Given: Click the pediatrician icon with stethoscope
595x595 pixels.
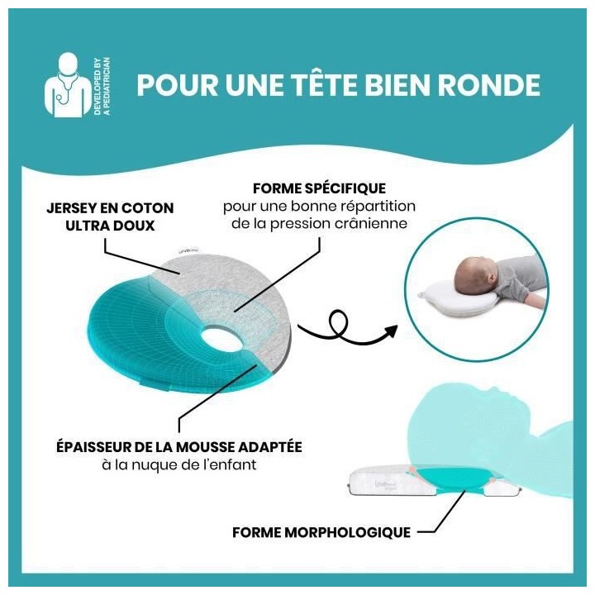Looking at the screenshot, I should click(x=69, y=83).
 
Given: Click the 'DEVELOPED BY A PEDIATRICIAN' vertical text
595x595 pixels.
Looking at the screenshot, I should click(x=104, y=83).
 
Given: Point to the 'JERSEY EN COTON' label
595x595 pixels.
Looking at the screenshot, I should click(x=111, y=207).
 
